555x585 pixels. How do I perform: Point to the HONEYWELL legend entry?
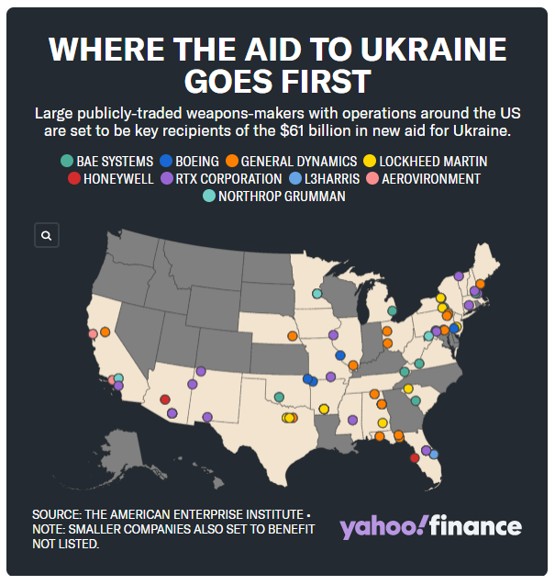pyautogui.click(x=111, y=179)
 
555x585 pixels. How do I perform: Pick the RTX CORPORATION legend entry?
pyautogui.click(x=221, y=179)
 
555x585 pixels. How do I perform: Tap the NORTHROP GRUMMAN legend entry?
pyautogui.click(x=276, y=196)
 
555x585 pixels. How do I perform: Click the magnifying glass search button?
pyautogui.click(x=46, y=236)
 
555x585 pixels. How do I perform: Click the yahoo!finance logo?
pyautogui.click(x=430, y=527)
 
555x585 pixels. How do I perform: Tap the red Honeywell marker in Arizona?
pyautogui.click(x=164, y=399)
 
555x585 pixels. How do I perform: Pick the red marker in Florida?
pyautogui.click(x=415, y=457)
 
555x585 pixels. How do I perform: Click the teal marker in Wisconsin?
pyautogui.click(x=316, y=294)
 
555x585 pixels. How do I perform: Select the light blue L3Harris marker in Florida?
pyautogui.click(x=434, y=454)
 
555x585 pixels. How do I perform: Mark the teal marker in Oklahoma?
pyautogui.click(x=279, y=398)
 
